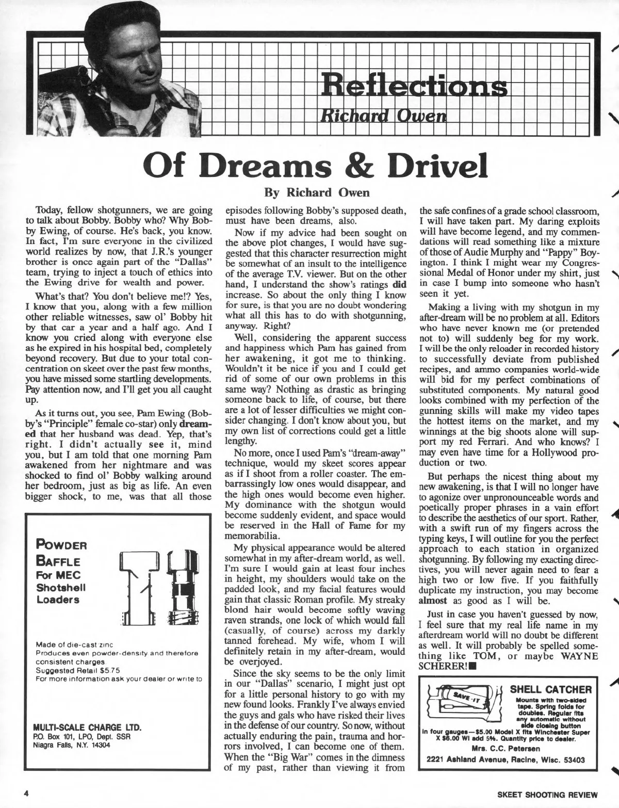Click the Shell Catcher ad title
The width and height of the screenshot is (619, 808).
click(x=550, y=689)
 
